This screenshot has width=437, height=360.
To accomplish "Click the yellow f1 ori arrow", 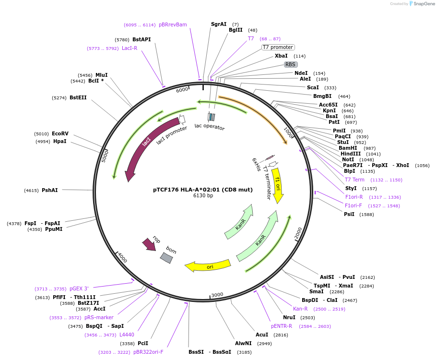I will click(278, 185).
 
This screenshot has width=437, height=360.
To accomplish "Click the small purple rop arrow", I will click(149, 244).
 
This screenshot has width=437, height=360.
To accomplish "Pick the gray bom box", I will click(166, 258).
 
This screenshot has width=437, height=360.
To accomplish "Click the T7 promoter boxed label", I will click(278, 47).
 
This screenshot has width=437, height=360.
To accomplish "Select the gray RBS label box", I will click(290, 64).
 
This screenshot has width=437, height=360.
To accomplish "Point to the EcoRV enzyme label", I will click(60, 133).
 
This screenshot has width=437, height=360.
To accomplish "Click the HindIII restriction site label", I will click(351, 154).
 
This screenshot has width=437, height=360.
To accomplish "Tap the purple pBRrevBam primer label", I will click(173, 24).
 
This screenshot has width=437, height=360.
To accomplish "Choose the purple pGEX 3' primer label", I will click(79, 288).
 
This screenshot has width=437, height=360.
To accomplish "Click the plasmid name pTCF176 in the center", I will click(203, 190).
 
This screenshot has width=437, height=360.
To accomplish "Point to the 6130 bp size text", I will click(203, 196).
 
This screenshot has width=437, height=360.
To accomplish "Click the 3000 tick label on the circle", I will click(217, 294).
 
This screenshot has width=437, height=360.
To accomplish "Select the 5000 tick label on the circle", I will click(105, 156).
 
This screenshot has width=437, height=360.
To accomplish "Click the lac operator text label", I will click(209, 127).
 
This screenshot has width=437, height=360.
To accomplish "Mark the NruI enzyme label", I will click(289, 317).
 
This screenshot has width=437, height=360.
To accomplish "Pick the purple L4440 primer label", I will click(127, 335).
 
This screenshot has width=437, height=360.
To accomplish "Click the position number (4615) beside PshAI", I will click(32, 191).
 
